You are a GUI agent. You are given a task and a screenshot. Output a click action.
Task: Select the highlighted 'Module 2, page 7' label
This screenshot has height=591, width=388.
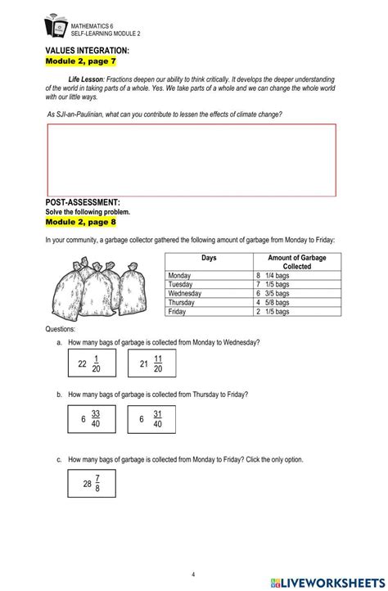80,61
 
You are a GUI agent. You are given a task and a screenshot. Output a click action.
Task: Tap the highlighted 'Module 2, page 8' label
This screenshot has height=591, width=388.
80,221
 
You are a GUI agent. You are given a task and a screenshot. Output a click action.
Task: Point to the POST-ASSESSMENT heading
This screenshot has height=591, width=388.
83,201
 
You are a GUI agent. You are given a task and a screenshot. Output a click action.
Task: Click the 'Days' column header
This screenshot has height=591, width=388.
209,258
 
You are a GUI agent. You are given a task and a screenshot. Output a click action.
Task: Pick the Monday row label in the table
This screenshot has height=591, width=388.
178,276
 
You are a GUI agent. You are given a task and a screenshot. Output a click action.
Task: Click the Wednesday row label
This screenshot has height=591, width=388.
185,293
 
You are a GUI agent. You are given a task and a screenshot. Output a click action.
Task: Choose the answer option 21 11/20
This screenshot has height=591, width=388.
151,363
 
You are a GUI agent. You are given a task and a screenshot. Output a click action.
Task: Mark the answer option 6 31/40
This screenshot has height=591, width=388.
151,418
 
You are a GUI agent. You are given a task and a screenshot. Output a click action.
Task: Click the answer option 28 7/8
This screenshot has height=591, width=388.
92,483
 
